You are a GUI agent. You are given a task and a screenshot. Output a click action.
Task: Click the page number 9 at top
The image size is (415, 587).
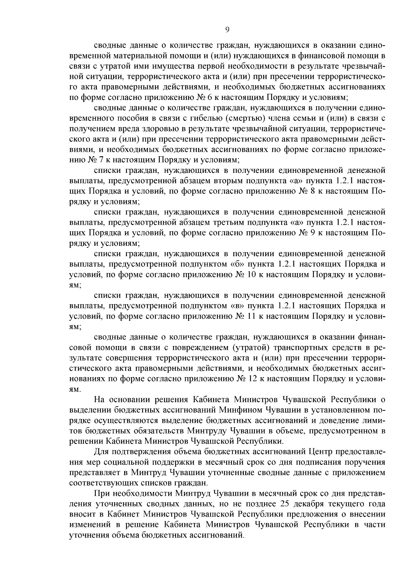coord(227,30)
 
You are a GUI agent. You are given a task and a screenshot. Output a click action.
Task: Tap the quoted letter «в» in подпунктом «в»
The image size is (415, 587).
coord(239,306)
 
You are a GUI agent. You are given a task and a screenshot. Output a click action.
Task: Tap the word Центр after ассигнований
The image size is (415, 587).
coord(323,451)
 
